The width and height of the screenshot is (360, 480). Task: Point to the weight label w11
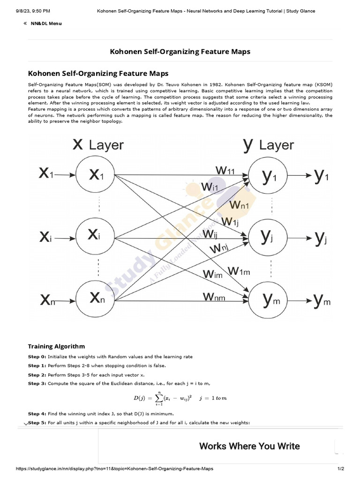click(225, 170)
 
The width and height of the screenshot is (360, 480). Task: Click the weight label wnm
click(214, 296)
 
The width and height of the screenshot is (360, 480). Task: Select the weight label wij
click(210, 234)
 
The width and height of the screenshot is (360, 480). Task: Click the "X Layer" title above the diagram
click(98, 144)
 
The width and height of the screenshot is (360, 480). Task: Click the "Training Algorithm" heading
click(56, 346)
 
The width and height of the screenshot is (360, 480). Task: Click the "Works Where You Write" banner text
click(249, 446)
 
